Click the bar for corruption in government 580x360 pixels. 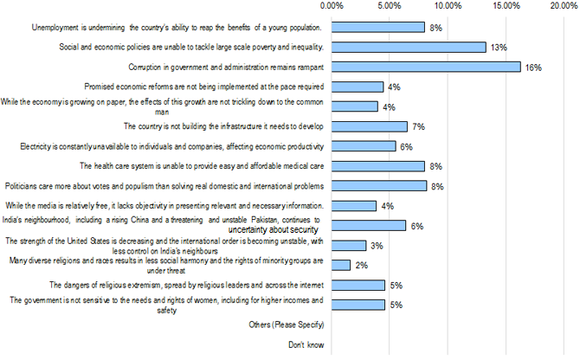tap(425, 67)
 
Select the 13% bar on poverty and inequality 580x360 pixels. tap(408, 47)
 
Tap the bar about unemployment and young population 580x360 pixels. tap(377, 28)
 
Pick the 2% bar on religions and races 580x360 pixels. tap(340, 265)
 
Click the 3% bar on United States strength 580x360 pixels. tap(348, 246)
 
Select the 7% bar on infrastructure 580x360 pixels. tap(369, 126)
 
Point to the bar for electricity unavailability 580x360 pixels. tap(364, 146)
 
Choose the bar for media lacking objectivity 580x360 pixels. tap(353, 206)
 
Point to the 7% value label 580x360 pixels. tap(417, 127)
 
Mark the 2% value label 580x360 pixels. tap(361, 266)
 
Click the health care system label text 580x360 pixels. tap(202, 166)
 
